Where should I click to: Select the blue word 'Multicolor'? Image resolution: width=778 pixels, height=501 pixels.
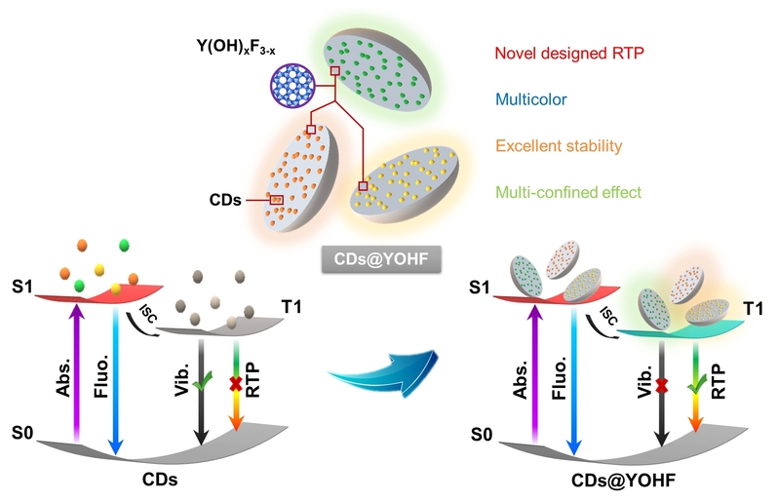530,99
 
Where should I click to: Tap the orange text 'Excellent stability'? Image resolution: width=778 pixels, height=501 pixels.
558,146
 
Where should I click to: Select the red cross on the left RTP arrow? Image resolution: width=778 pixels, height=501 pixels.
234,384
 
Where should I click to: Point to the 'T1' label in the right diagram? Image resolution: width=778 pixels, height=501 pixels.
750,309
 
